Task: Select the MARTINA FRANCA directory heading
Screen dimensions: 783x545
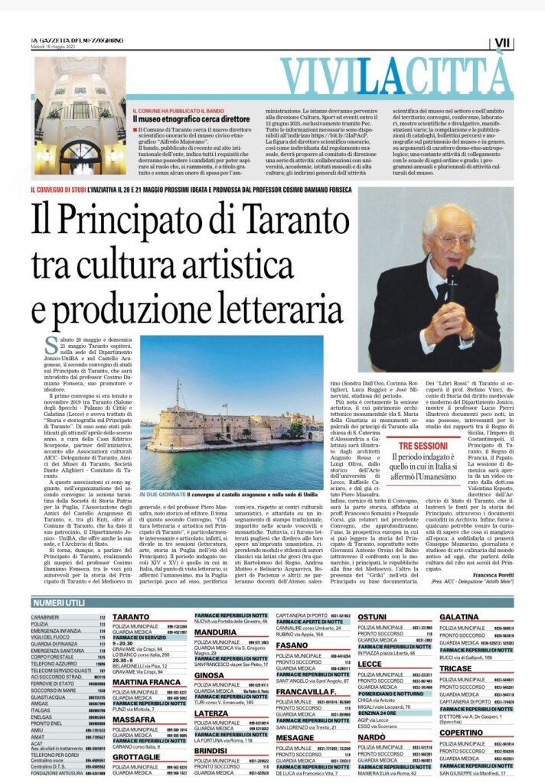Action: coord(145,682)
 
